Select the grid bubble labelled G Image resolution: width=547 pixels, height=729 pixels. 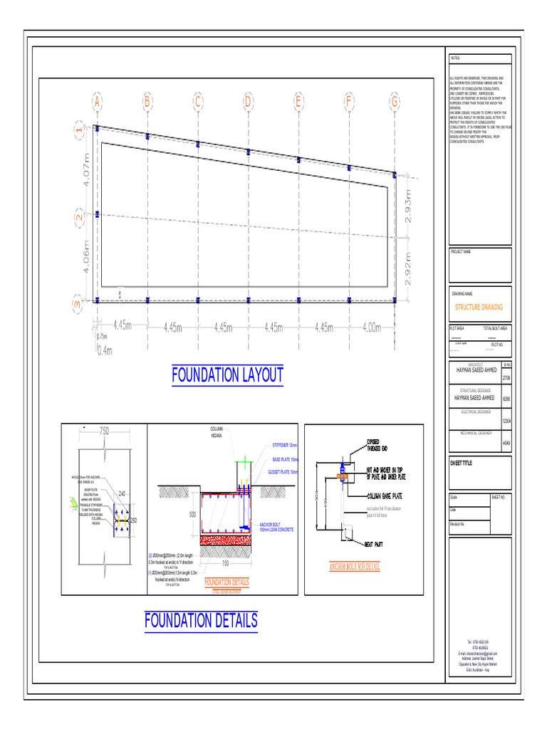(x=394, y=103)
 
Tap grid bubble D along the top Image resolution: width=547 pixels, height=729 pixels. (x=248, y=103)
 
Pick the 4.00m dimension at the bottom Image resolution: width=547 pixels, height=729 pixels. (x=372, y=327)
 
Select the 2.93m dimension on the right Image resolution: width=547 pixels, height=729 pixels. (x=408, y=206)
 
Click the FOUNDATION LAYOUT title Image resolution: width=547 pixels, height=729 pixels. (x=227, y=374)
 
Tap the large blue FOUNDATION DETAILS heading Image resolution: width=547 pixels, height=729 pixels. (x=200, y=620)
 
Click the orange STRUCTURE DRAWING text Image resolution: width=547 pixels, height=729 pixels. (x=479, y=307)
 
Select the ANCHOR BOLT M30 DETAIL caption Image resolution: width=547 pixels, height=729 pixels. (x=354, y=567)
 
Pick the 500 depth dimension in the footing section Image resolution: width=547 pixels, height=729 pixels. (x=192, y=514)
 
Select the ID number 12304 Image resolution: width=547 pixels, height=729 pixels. (x=506, y=422)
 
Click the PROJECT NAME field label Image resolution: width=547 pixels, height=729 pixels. (x=463, y=252)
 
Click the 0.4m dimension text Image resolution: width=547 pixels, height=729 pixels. (x=105, y=350)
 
